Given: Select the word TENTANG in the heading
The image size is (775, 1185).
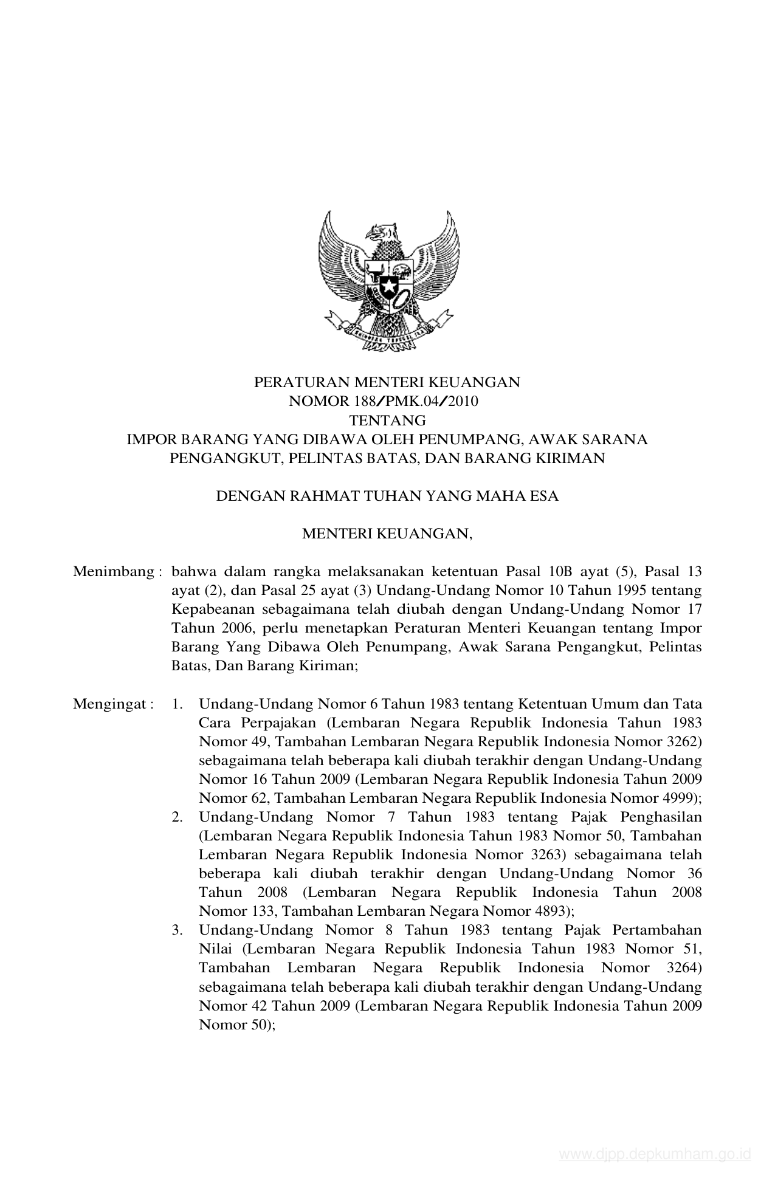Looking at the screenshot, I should (387, 420).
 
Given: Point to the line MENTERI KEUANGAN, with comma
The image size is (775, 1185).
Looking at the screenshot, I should (387, 534).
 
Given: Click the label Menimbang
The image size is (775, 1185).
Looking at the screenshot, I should (113, 572).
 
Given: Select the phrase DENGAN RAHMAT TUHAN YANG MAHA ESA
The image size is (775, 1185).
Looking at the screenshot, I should (387, 496).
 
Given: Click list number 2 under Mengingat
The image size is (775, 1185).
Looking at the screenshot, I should (177, 817).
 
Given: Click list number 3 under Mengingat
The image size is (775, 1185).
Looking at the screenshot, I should (177, 930).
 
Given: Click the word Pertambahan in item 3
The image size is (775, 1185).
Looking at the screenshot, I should (657, 930).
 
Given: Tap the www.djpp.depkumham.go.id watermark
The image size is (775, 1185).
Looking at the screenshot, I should (655, 1154).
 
